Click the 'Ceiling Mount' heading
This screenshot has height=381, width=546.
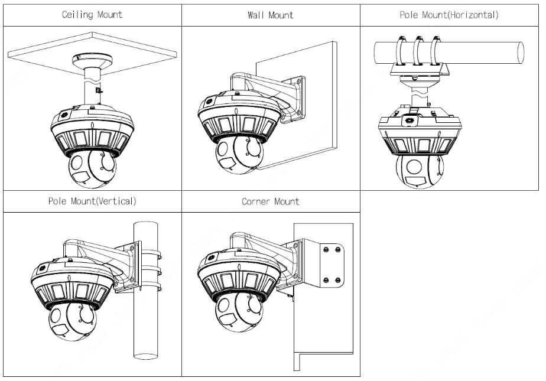click(x=92, y=15)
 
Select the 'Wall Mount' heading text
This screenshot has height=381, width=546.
click(x=271, y=15)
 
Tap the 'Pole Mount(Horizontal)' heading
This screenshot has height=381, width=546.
click(x=449, y=15)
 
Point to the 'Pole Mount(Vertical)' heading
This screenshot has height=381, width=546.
click(x=92, y=201)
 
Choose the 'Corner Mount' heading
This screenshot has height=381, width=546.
click(x=271, y=201)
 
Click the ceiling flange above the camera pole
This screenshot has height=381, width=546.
click(x=92, y=61)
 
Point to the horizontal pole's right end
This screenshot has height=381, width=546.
click(x=520, y=52)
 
